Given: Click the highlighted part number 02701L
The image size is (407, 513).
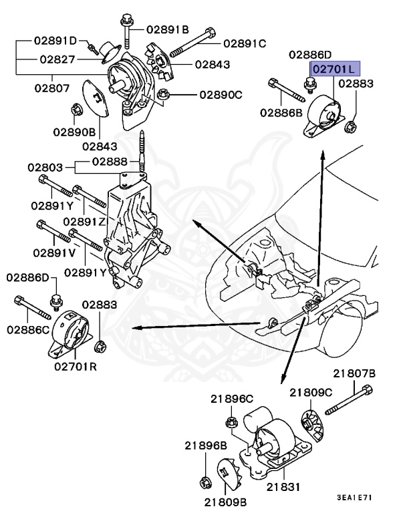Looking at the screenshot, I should coord(334,68).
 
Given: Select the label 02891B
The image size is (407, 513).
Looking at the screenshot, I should coord(168,29).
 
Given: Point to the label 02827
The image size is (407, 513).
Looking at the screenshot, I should coord(57,59).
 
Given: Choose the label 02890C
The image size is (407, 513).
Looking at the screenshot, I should coord(220,94).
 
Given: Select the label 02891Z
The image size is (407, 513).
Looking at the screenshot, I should coord(85,221).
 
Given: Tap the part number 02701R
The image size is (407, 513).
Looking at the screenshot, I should coord(76,365).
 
